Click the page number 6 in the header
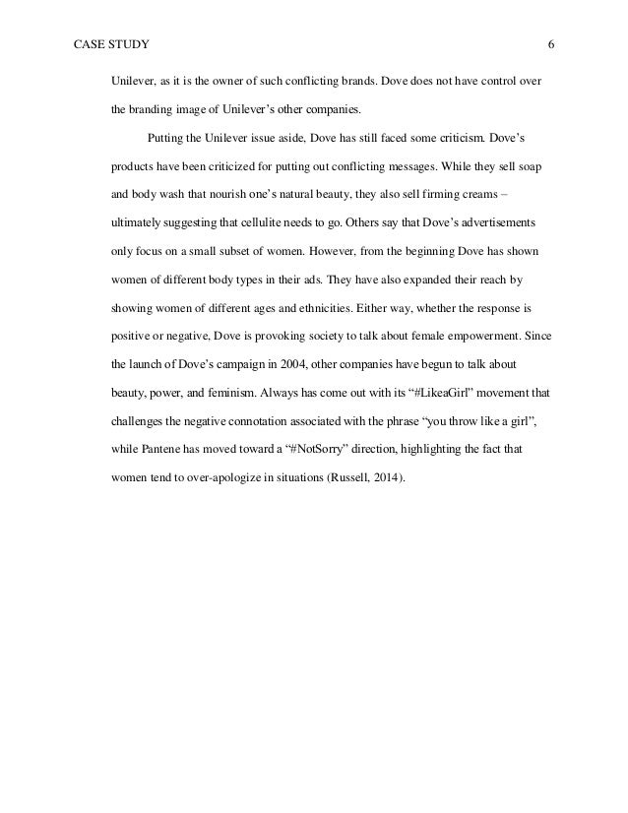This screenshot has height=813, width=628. coord(552,45)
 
